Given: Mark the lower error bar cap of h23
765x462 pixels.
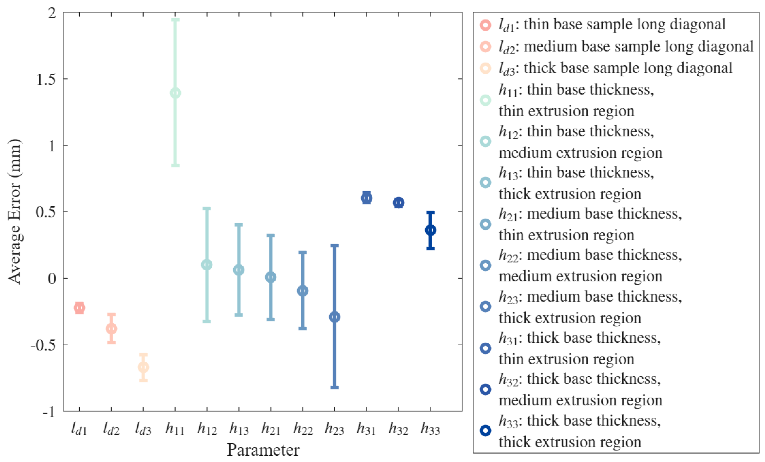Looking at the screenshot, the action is click(x=335, y=387).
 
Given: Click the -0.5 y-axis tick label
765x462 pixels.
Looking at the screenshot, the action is click(x=43, y=345).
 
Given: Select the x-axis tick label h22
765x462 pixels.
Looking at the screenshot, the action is click(x=303, y=429).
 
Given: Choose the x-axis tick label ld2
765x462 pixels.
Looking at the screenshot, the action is click(x=111, y=429).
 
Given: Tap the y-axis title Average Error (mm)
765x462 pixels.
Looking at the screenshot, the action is click(x=15, y=211).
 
